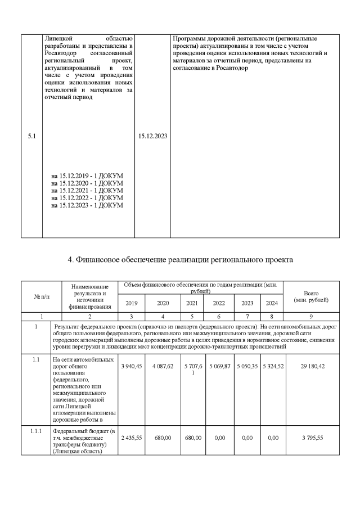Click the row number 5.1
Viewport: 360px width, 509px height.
(32, 136)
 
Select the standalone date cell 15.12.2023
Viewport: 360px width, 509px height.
(152, 136)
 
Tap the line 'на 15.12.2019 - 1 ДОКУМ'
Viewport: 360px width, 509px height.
(87, 176)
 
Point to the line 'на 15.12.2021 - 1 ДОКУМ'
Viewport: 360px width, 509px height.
(87, 191)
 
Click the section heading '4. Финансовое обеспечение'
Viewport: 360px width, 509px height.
(180, 259)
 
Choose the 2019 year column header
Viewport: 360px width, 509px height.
(130, 303)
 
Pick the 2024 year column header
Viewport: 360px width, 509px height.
(272, 303)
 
